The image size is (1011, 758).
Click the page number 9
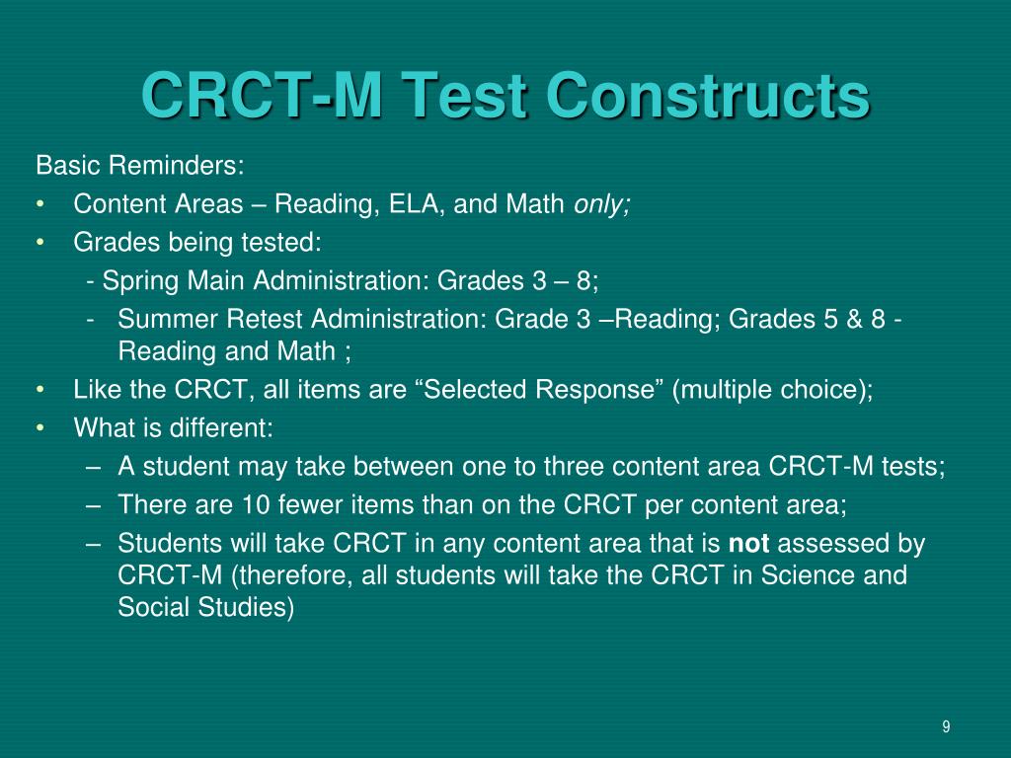point(946,727)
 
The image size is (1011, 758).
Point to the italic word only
point(602,204)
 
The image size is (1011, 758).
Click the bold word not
point(749,543)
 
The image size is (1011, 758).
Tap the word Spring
point(136,280)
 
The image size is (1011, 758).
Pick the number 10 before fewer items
point(255,504)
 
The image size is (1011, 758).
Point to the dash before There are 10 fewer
point(93,504)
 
